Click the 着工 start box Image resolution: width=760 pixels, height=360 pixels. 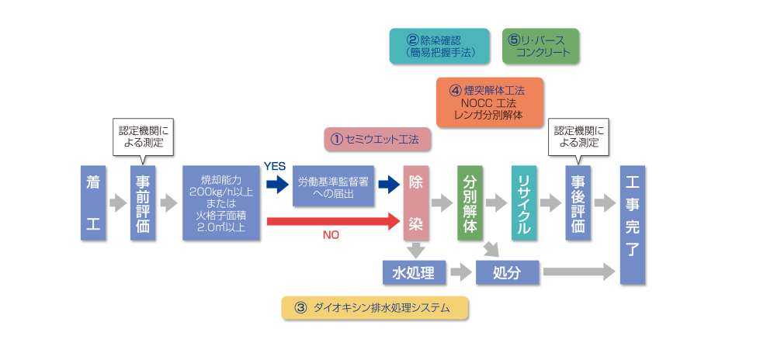[x=93, y=203]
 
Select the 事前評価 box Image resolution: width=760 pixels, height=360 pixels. [x=144, y=203]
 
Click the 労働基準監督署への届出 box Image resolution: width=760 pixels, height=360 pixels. [x=331, y=186]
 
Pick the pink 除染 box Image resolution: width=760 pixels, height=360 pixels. [x=417, y=203]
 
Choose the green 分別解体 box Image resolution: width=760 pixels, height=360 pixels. [x=470, y=203]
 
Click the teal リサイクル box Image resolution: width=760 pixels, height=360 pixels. [x=524, y=203]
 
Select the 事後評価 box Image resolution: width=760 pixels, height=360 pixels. [x=578, y=203]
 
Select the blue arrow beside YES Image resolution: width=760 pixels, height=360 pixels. [x=276, y=185]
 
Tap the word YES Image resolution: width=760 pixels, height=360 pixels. [x=275, y=166]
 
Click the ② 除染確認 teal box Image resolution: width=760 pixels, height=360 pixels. [x=439, y=47]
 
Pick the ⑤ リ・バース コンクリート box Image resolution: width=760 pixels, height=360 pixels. [x=540, y=47]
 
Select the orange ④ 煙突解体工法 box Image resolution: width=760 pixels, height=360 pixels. [x=489, y=102]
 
